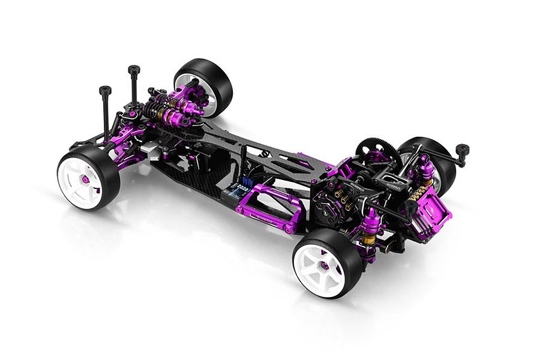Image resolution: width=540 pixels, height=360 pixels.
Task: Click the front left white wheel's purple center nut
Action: click(x=85, y=179)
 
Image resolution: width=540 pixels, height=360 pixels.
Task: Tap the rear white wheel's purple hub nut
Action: click(x=325, y=265)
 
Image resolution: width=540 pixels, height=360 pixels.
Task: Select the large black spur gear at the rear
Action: click(x=378, y=154)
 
